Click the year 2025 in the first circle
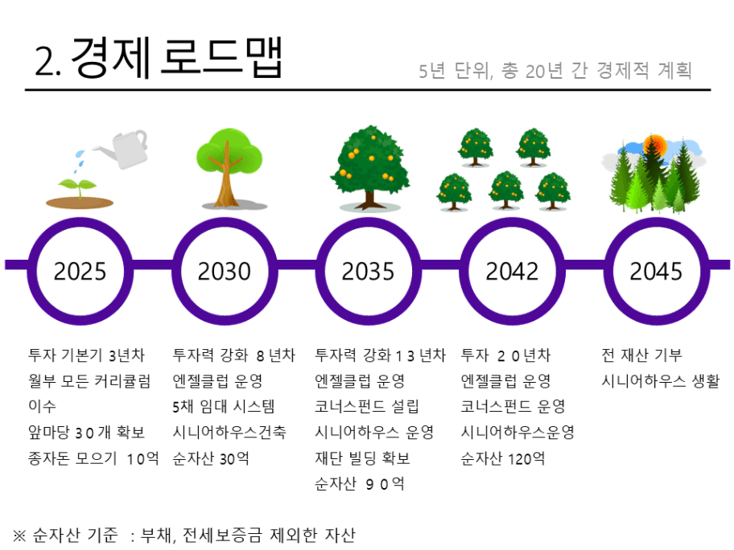80,271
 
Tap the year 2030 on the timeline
225,271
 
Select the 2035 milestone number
368,271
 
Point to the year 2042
512,271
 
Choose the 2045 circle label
656,271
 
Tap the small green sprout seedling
78,186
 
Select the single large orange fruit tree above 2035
369,167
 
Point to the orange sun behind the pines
655,145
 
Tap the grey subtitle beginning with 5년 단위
555,71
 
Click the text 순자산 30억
211,458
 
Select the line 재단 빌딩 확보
362,458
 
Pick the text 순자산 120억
503,458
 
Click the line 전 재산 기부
641,355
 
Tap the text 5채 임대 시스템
223,407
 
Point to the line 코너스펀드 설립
366,407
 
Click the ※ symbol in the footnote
19,535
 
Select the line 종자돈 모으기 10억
93,458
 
